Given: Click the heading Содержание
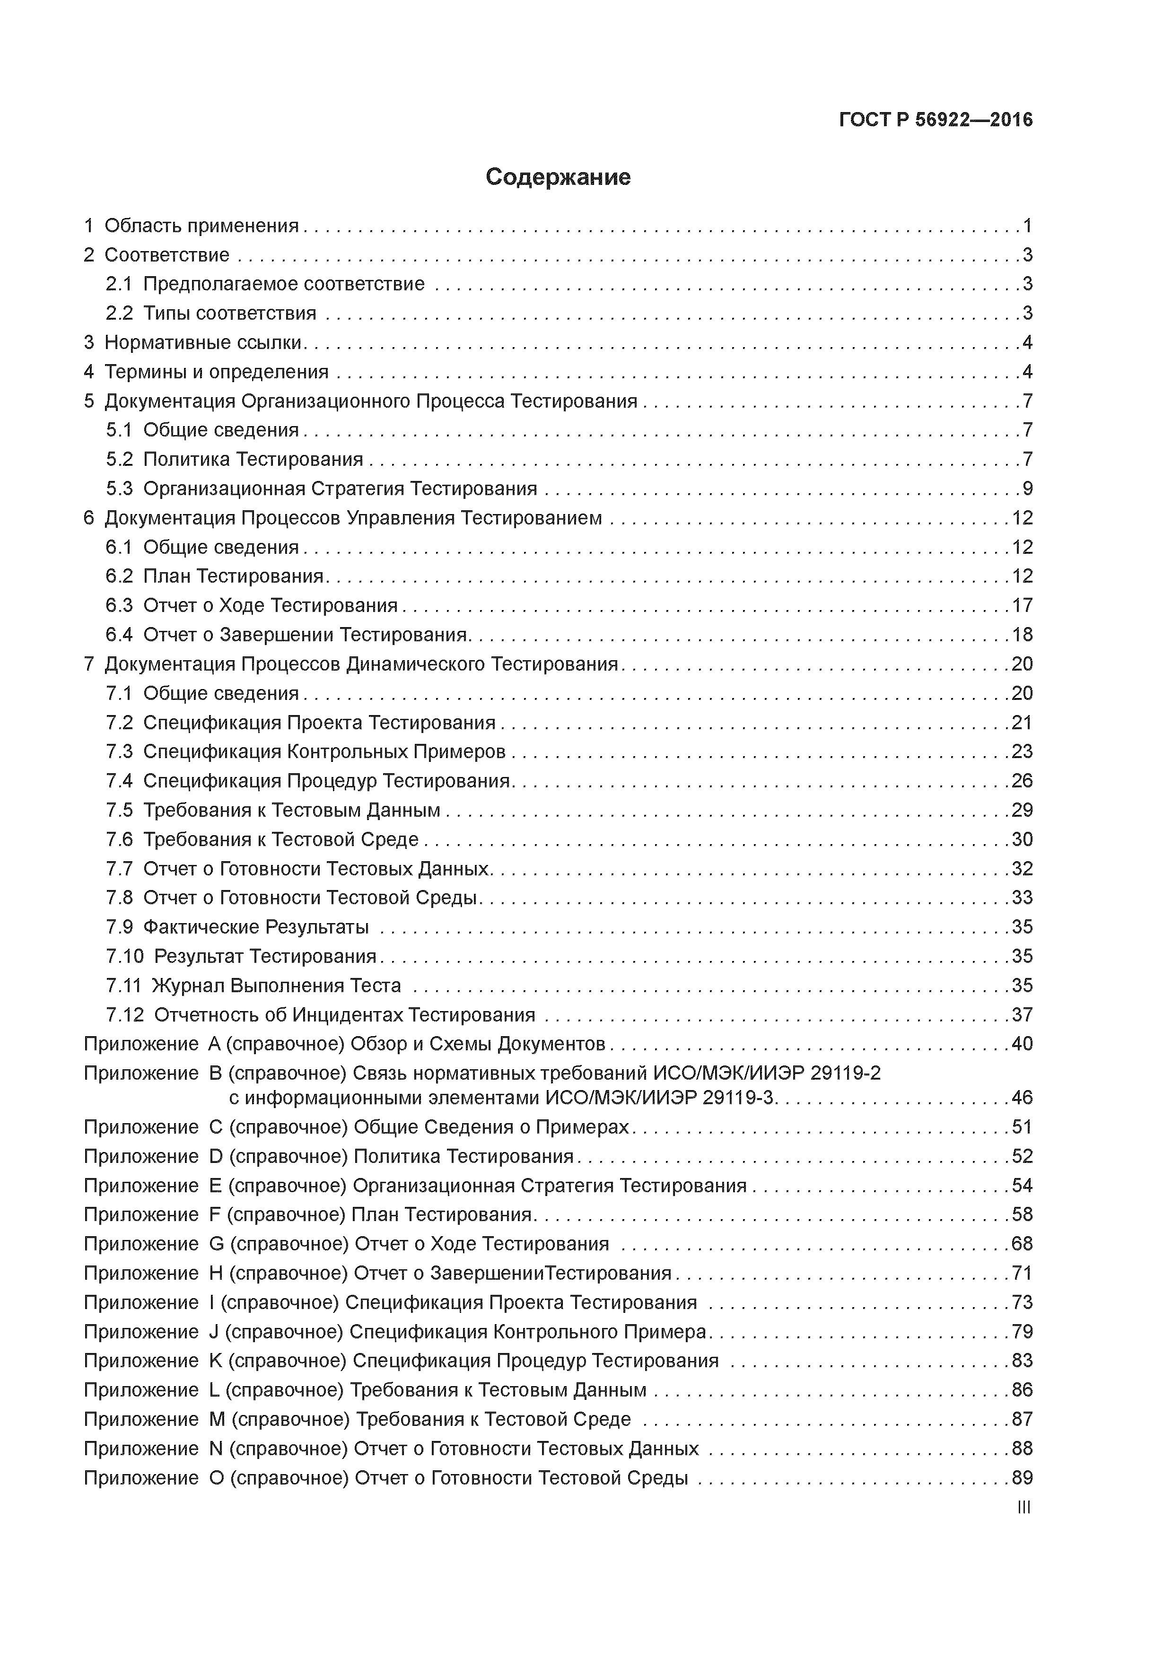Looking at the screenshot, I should coord(558,177).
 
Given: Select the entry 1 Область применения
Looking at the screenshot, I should coord(192,226).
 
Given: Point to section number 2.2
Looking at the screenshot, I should coord(119,314).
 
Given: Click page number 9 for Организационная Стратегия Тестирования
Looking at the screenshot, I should coord(1027,489).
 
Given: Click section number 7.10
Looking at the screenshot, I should coord(125,957).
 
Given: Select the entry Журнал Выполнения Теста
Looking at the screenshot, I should coord(276,986).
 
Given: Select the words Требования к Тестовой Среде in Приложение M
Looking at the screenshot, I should coord(494,1419).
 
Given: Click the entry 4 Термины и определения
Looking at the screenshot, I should coord(206,372).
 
